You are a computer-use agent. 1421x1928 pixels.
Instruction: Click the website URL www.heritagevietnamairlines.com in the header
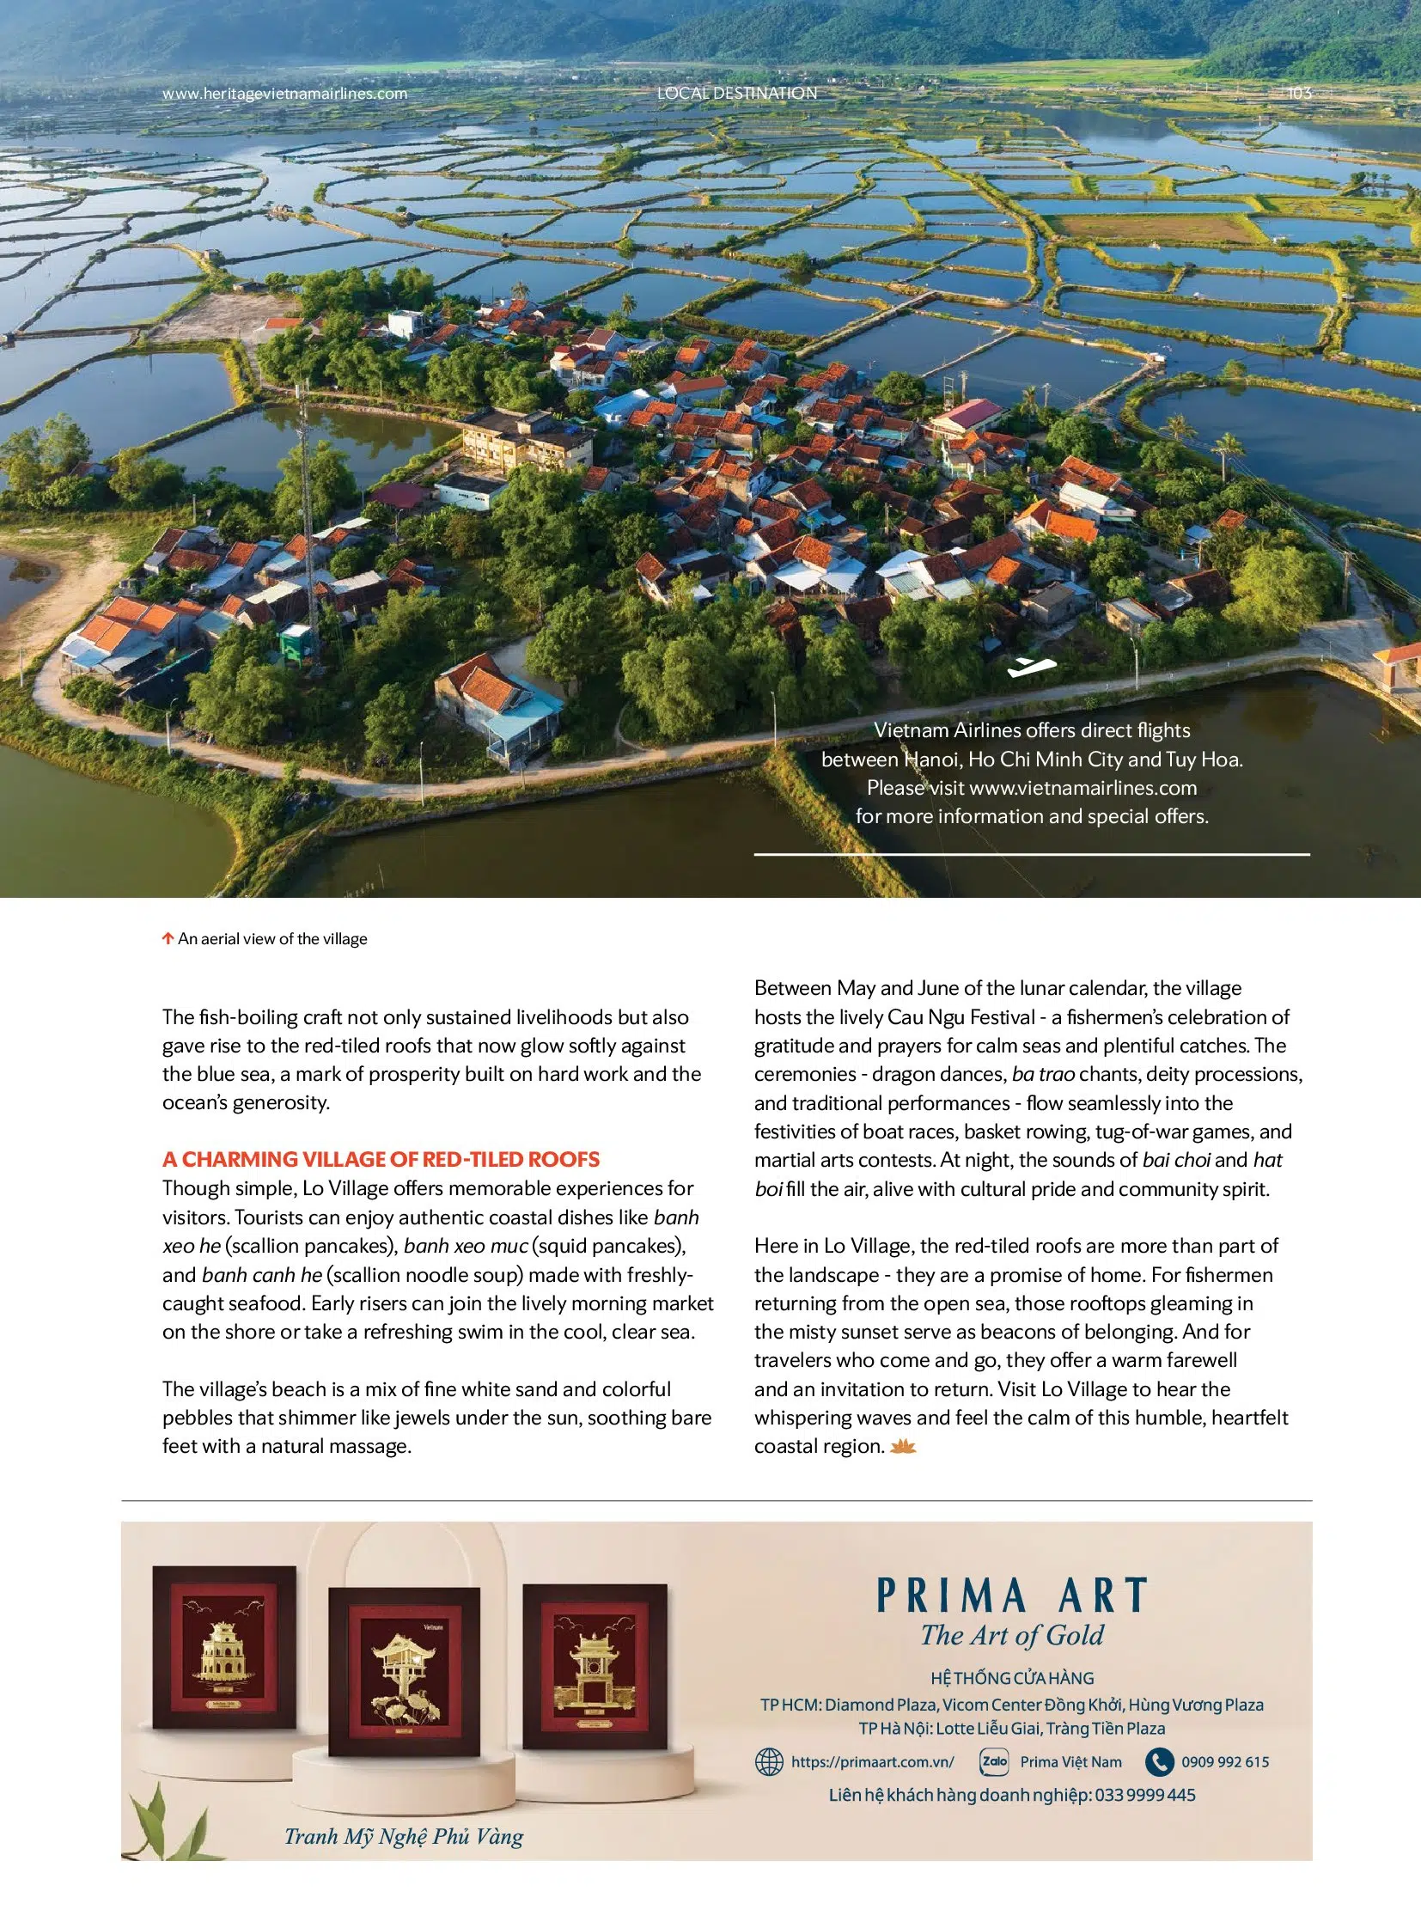[284, 94]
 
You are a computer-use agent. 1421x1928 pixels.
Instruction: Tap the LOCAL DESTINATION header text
[737, 93]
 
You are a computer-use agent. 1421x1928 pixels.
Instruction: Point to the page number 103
[1299, 93]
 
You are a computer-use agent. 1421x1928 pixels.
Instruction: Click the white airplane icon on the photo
[1031, 667]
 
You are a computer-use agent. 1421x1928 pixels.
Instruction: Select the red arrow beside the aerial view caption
[168, 938]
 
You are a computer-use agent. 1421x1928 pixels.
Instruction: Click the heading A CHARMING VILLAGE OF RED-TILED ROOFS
[381, 1159]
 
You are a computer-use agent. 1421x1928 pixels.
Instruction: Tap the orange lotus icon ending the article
[902, 1446]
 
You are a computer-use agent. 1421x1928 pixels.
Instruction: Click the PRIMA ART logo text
[1011, 1595]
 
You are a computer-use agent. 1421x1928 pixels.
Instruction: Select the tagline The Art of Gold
[1011, 1636]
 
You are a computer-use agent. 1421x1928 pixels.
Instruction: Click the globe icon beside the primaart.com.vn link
[768, 1762]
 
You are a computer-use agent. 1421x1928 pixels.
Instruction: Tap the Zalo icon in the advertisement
[994, 1761]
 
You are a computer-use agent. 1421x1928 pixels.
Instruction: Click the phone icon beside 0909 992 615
[1159, 1762]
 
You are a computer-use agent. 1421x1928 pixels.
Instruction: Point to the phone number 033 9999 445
[1145, 1795]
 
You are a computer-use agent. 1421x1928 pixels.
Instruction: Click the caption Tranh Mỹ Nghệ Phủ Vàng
[404, 1837]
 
